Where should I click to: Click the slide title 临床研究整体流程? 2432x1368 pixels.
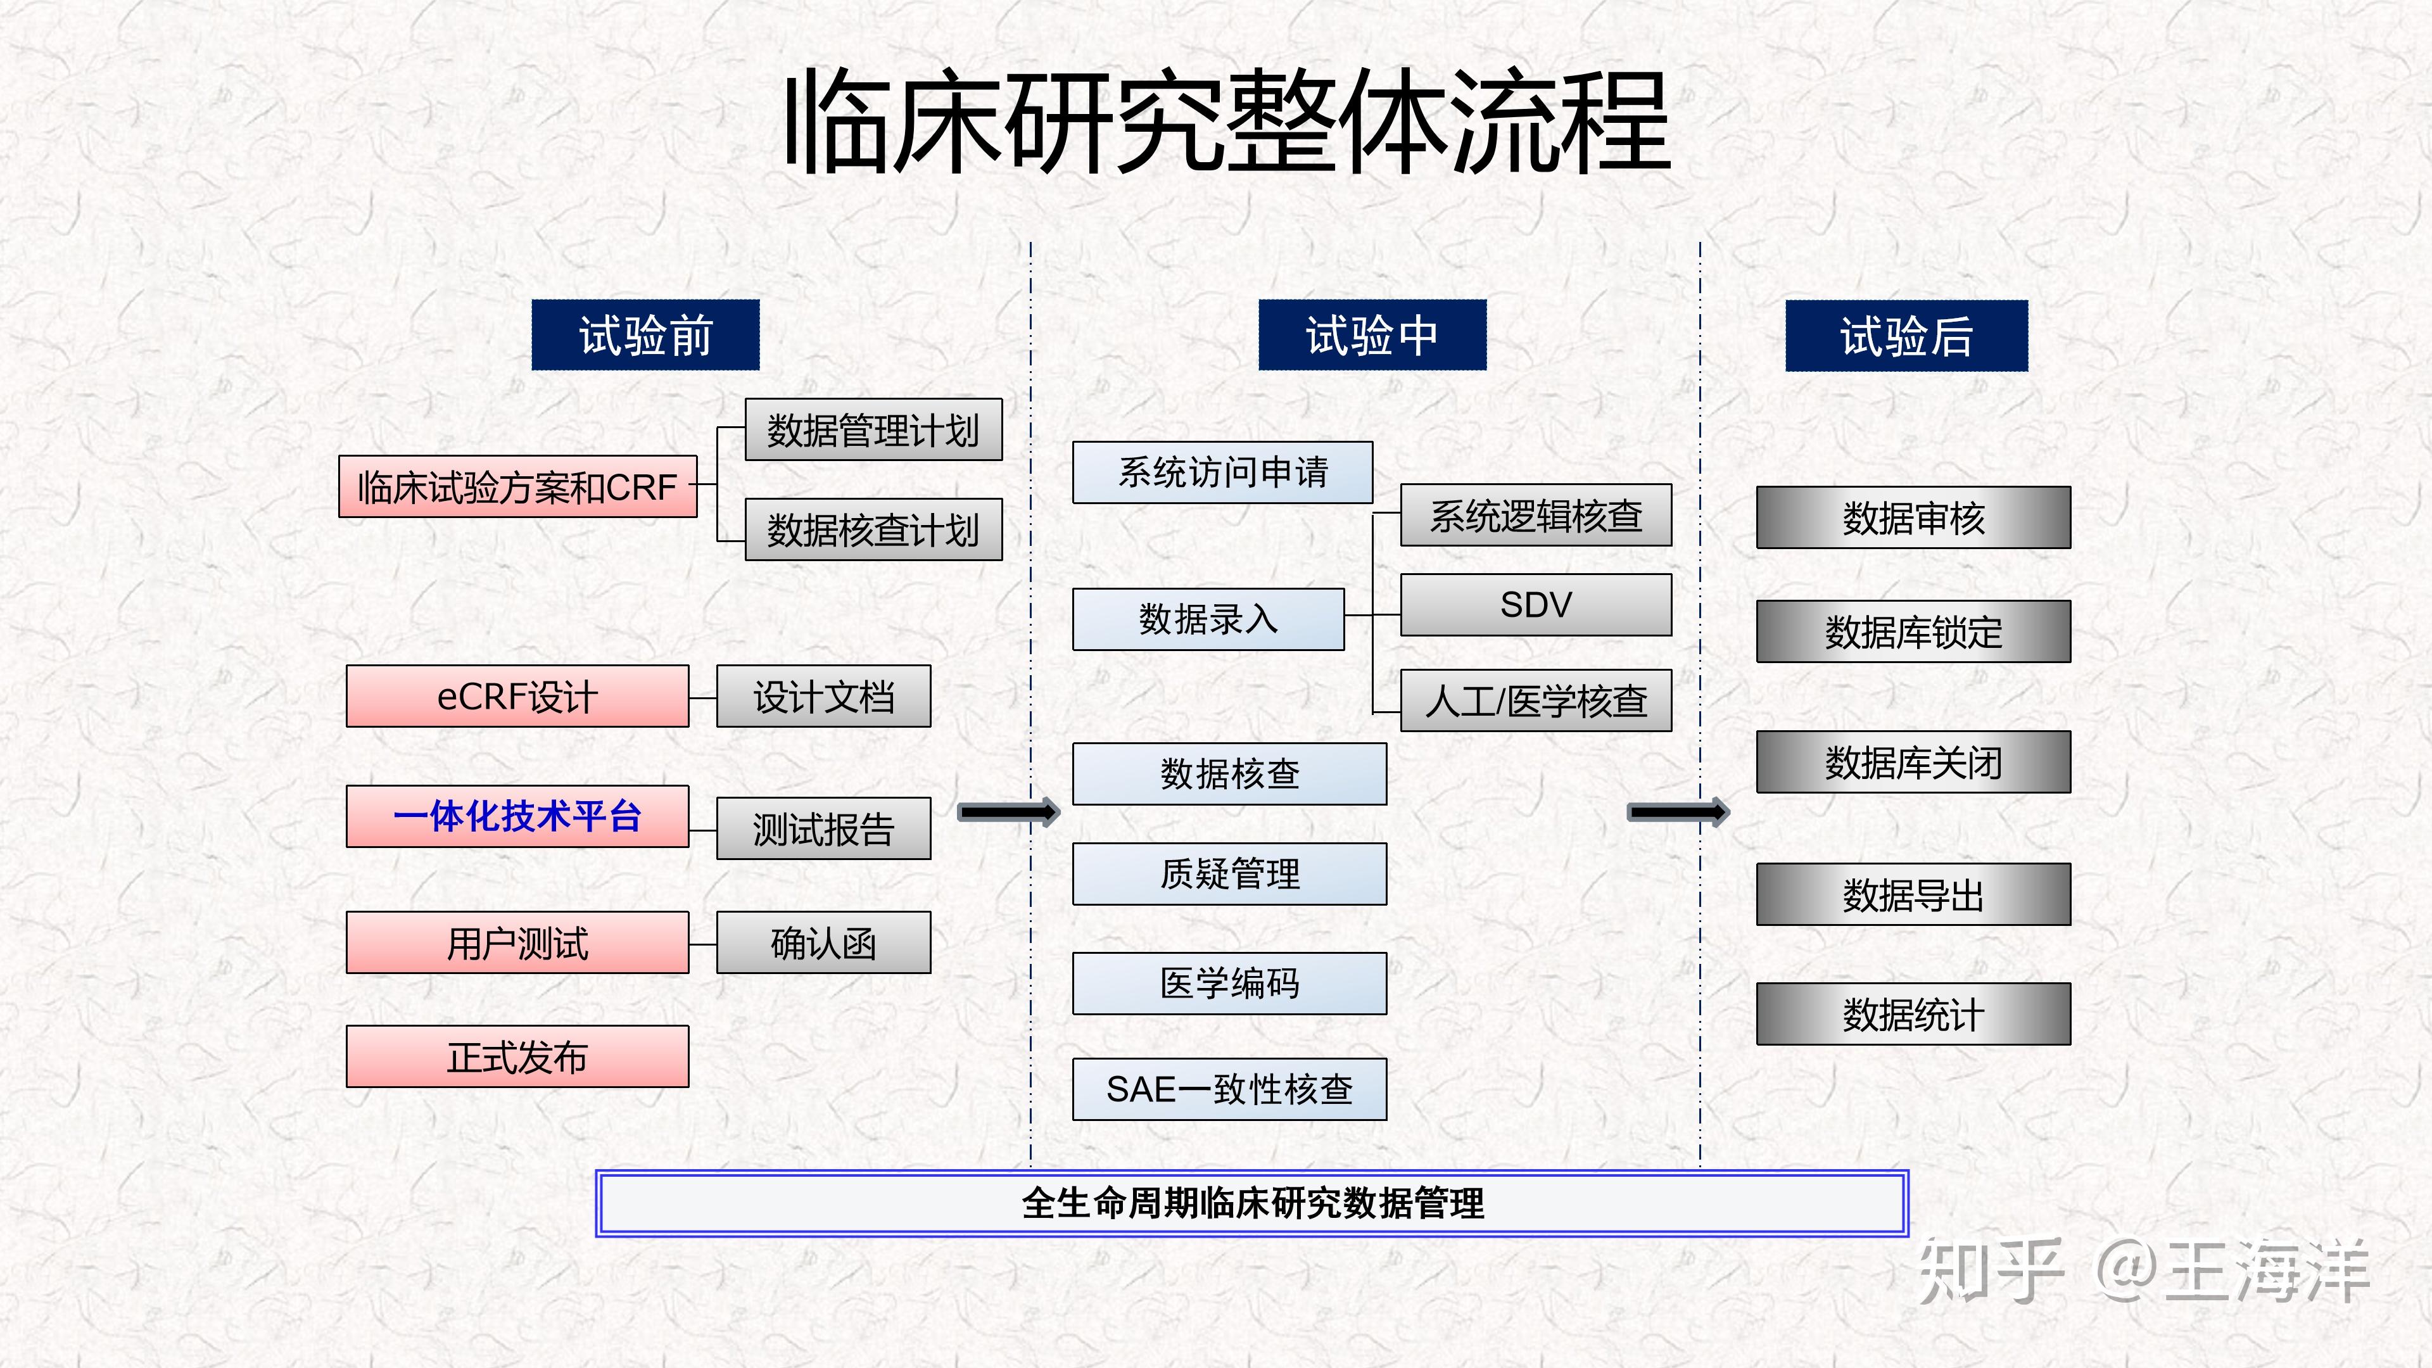pyautogui.click(x=1227, y=123)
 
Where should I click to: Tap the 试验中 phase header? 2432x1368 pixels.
pyautogui.click(x=1372, y=335)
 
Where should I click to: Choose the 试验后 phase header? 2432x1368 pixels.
pyautogui.click(x=1906, y=335)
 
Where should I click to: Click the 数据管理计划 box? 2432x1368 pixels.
pyautogui.click(x=873, y=431)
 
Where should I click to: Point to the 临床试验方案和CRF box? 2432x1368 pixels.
pyautogui.click(x=517, y=487)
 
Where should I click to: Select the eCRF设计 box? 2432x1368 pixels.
pyautogui.click(x=517, y=697)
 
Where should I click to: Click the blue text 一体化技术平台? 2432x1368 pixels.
pyautogui.click(x=517, y=816)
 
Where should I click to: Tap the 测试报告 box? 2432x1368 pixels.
pyautogui.click(x=823, y=829)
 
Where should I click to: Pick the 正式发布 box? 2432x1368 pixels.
pyautogui.click(x=517, y=1056)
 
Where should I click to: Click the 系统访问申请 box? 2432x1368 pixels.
pyautogui.click(x=1222, y=472)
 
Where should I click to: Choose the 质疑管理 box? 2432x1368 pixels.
pyautogui.click(x=1229, y=874)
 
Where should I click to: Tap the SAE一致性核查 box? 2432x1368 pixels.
pyautogui.click(x=1229, y=1089)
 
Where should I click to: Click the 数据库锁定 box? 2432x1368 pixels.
pyautogui.click(x=1913, y=631)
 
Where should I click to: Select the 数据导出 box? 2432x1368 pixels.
pyautogui.click(x=1913, y=895)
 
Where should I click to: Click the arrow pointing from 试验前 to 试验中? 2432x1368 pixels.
pyautogui.click(x=1008, y=812)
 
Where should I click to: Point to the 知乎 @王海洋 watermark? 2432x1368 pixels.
pyautogui.click(x=2143, y=1270)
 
